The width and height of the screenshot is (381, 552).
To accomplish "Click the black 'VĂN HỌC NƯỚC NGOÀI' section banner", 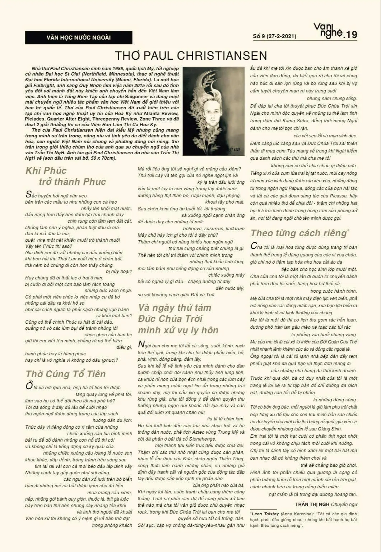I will [x=78, y=37].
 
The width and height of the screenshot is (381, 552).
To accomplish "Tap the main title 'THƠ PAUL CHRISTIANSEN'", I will [x=191, y=56].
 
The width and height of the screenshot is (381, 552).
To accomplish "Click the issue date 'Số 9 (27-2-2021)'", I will [x=275, y=36].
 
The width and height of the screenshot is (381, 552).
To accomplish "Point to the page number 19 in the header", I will [x=350, y=35].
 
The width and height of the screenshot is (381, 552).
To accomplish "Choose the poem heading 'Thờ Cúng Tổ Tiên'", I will [x=66, y=374].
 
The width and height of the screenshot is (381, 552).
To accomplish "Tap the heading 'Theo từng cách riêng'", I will [x=298, y=233].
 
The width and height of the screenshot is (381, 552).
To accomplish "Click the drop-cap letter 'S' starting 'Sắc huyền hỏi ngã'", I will [x=29, y=195].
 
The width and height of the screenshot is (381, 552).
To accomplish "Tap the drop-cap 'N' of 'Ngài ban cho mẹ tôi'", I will [x=141, y=345].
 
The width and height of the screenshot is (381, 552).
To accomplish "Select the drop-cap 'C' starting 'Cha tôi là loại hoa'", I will [x=254, y=246].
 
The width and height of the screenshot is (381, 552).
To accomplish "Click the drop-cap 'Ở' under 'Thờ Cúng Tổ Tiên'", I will [x=29, y=386].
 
